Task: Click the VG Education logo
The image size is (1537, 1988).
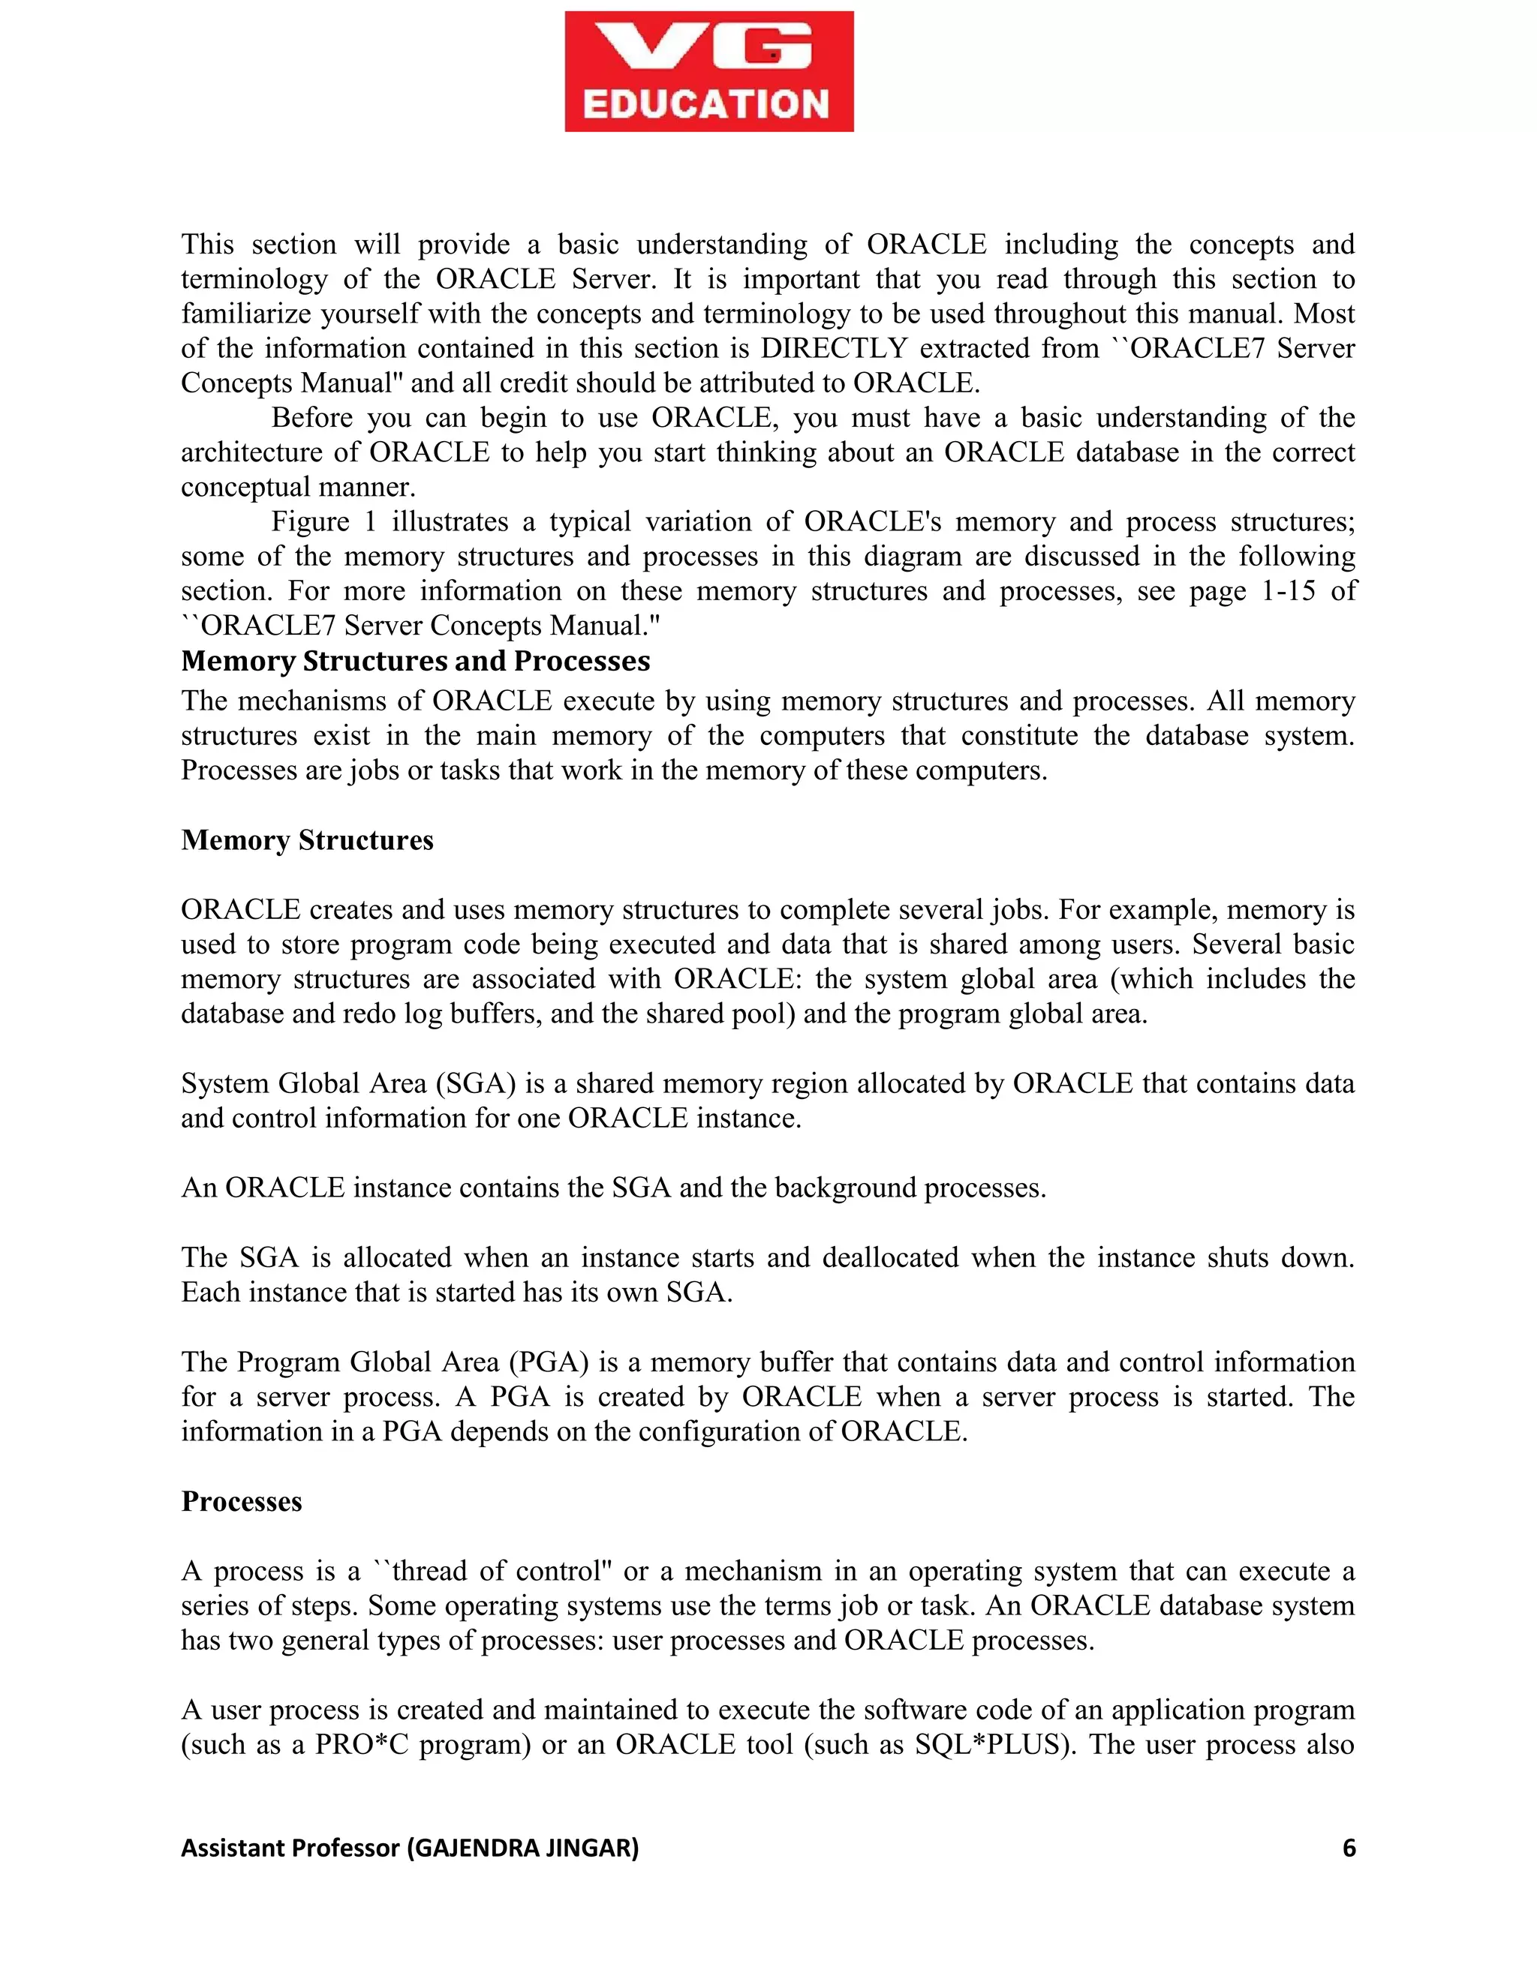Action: [708, 71]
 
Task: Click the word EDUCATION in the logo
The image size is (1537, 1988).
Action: [705, 104]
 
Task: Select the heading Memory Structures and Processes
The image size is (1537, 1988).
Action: [415, 661]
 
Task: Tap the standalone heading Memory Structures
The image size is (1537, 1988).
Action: [307, 839]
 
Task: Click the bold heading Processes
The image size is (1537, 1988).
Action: [242, 1501]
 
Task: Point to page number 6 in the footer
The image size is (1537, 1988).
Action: [1349, 1848]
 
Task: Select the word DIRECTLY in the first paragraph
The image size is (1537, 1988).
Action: [833, 349]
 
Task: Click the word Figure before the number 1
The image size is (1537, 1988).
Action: [310, 522]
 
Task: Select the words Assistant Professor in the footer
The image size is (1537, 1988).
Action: [290, 1848]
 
